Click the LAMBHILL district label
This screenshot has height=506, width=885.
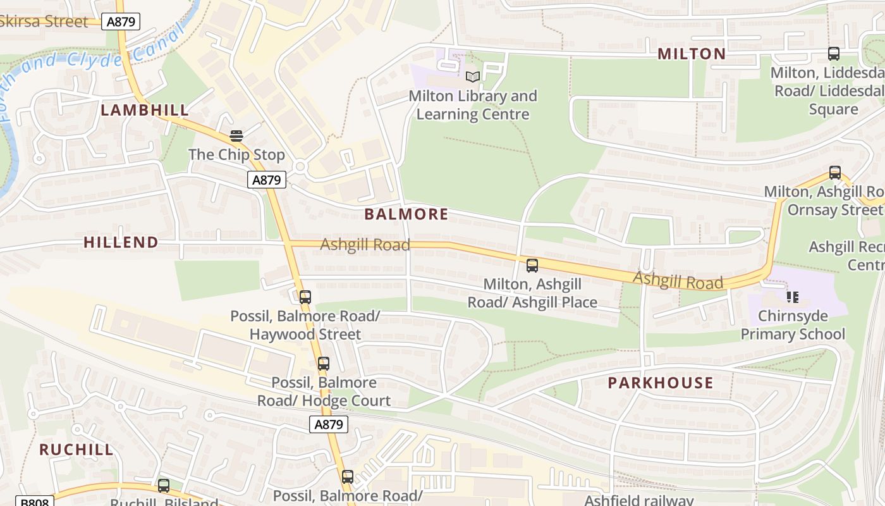(x=145, y=110)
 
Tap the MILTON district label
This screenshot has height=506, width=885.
(x=692, y=54)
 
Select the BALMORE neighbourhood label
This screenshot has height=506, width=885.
(x=406, y=214)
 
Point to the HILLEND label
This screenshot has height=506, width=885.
(x=121, y=242)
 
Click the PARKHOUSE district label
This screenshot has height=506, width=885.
(x=661, y=383)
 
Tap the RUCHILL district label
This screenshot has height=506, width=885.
(x=76, y=450)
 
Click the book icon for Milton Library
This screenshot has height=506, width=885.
(x=473, y=77)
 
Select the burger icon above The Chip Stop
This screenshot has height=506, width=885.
(x=236, y=135)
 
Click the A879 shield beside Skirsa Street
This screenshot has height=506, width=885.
(x=121, y=22)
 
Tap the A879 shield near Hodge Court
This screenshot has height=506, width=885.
(x=329, y=424)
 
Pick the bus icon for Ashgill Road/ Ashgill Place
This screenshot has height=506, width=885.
(x=532, y=266)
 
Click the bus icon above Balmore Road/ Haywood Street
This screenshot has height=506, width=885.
(x=305, y=297)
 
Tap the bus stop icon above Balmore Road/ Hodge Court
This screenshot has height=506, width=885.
(x=324, y=364)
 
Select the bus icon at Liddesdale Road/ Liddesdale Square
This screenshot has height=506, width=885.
(x=834, y=54)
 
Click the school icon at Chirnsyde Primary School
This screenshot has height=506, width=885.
(x=793, y=297)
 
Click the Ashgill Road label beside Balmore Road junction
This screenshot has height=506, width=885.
(x=365, y=244)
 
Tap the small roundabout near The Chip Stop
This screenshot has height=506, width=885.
(x=300, y=166)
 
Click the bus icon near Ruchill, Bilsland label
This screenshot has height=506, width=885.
(x=164, y=486)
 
